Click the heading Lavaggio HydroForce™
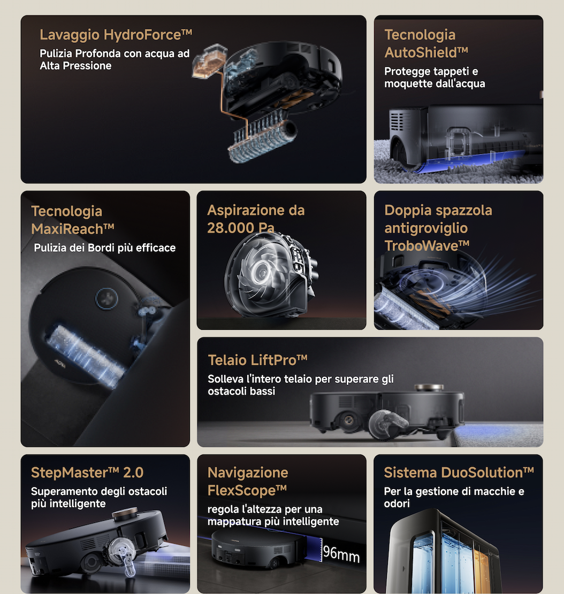coord(116,35)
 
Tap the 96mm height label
coord(341,554)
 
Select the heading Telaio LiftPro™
coord(258,360)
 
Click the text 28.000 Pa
coord(241,228)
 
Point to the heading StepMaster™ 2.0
coord(87,473)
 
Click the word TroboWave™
coord(427,246)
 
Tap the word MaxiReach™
coord(73,229)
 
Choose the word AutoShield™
coord(426,52)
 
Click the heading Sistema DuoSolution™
coord(459,473)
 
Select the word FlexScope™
coord(247,490)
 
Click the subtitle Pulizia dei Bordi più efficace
coord(105,248)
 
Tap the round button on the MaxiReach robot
coord(106,298)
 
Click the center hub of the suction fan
coord(261,271)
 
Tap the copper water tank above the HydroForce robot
coord(209,61)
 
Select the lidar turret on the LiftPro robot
coord(429,388)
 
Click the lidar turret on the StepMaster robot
coord(125,514)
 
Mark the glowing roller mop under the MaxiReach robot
coord(86,356)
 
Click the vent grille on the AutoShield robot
coord(397,120)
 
